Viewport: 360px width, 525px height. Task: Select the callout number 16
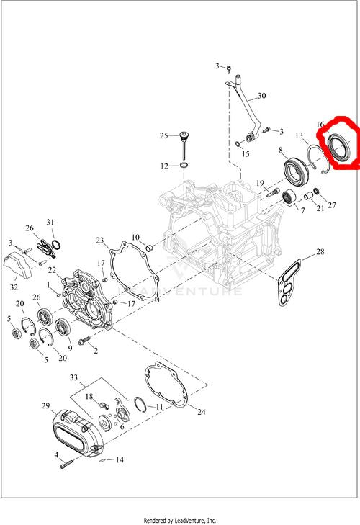coord(320,125)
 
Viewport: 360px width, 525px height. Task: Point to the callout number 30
coord(261,96)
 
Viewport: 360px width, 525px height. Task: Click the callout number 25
coord(163,135)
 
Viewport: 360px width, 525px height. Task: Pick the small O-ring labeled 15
coord(238,144)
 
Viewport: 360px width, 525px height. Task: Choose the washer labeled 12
coord(183,166)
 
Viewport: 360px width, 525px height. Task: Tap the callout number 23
coord(100,241)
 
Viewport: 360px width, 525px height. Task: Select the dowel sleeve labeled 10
coord(150,248)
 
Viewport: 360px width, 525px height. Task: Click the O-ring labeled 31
coord(57,245)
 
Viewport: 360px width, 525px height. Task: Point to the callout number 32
coord(14,287)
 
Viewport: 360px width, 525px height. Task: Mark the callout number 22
coord(52,270)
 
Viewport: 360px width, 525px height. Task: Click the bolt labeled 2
coord(84,341)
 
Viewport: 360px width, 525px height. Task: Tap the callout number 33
coord(73,377)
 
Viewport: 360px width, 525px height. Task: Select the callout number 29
coord(46,405)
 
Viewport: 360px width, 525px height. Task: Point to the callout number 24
coord(202,412)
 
